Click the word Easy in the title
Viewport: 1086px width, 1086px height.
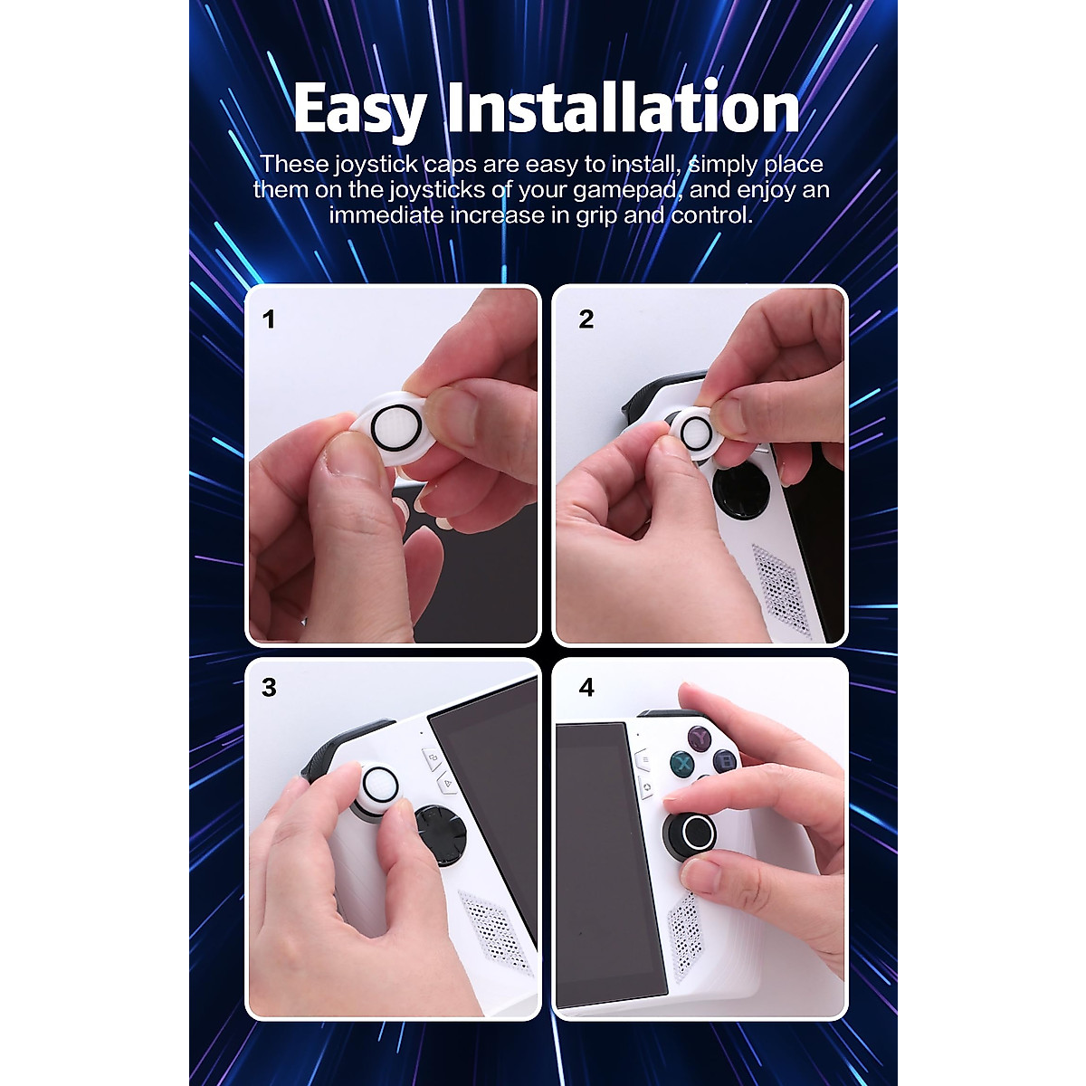pyautogui.click(x=359, y=110)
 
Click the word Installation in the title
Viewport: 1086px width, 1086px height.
pyautogui.click(x=624, y=108)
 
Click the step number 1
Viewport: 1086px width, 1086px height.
pyautogui.click(x=269, y=319)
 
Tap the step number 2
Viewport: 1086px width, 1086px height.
pyautogui.click(x=586, y=319)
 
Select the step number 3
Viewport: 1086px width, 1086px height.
pyautogui.click(x=269, y=688)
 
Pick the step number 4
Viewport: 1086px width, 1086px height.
pyautogui.click(x=586, y=688)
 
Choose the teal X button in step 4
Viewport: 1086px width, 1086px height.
pyautogui.click(x=681, y=765)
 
